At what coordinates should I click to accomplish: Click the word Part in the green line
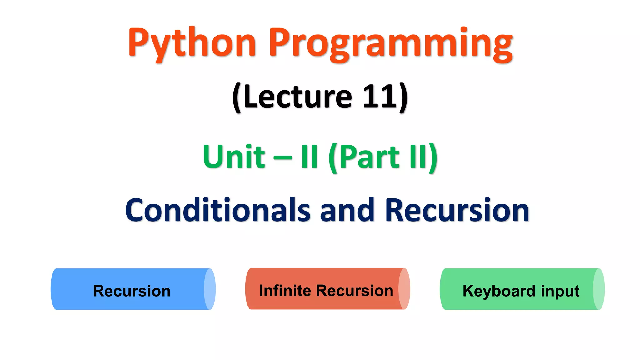(x=369, y=157)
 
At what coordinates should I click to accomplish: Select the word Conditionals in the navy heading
(x=217, y=210)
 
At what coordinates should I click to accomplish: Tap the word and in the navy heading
(x=347, y=210)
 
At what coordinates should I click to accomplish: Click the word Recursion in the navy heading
(x=457, y=210)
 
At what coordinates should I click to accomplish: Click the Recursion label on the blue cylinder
(x=132, y=291)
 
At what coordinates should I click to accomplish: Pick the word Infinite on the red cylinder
(x=285, y=290)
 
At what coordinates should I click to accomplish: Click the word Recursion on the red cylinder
(x=354, y=290)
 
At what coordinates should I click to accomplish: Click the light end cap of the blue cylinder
(x=210, y=289)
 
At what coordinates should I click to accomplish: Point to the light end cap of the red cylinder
(x=404, y=289)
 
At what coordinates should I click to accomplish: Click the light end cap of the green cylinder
(x=599, y=289)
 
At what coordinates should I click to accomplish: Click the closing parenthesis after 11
(x=403, y=97)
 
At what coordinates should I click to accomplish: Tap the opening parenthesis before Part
(x=333, y=158)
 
